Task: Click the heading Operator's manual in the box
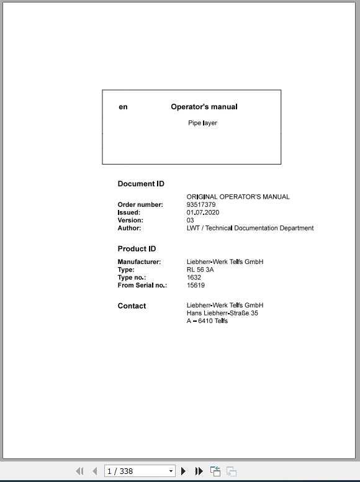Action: click(204, 107)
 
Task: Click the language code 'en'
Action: click(123, 107)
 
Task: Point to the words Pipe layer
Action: click(202, 123)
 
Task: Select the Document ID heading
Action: click(141, 184)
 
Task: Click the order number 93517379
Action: click(201, 205)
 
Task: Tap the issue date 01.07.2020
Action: click(202, 212)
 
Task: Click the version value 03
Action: click(190, 221)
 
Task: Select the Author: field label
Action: click(129, 228)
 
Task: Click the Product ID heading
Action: click(137, 249)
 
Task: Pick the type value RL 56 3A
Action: click(200, 270)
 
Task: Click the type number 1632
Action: click(194, 278)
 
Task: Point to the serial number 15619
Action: click(196, 286)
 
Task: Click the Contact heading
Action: click(132, 306)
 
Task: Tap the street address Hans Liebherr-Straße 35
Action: click(222, 313)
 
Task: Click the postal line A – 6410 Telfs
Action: click(207, 321)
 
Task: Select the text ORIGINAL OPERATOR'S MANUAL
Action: click(238, 197)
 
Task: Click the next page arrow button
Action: click(184, 471)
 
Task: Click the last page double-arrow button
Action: click(199, 471)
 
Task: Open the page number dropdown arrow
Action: click(171, 471)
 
